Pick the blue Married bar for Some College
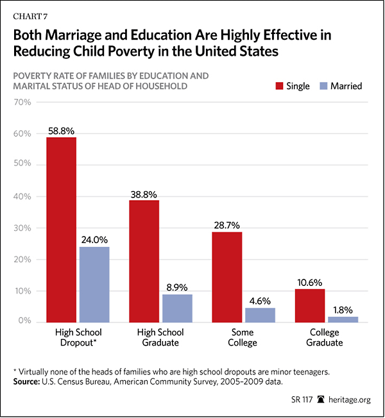tap(260, 314)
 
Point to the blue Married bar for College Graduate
tap(342, 319)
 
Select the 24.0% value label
tap(94, 239)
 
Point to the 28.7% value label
tap(227, 224)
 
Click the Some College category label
tap(243, 337)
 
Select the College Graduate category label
tap(325, 337)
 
